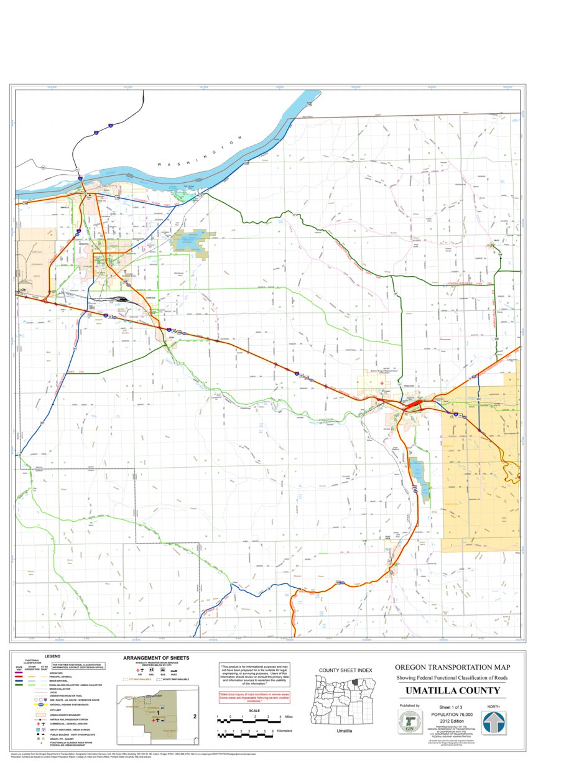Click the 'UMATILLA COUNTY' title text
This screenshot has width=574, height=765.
(x=452, y=691)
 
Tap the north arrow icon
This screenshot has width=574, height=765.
(x=493, y=723)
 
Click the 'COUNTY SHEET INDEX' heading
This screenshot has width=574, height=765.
(x=345, y=670)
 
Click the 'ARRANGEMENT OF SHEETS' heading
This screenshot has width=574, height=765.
(x=156, y=657)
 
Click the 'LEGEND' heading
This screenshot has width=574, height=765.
(x=52, y=656)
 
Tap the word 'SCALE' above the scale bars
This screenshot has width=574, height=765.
(x=254, y=711)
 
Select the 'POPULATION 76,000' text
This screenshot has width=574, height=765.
(x=452, y=715)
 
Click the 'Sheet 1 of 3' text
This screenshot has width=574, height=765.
(x=452, y=708)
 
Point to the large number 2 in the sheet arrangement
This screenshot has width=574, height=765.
(x=195, y=716)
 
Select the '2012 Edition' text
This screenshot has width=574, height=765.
(x=452, y=721)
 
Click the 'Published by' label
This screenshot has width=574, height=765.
(x=409, y=706)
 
